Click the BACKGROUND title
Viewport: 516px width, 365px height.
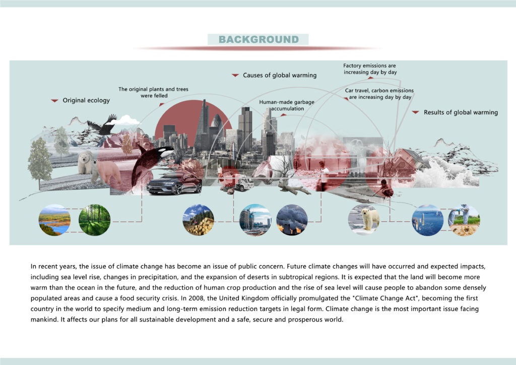point(259,39)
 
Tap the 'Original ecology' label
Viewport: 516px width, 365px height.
point(86,100)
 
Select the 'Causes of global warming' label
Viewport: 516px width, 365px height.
point(280,76)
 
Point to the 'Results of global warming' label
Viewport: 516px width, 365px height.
point(461,112)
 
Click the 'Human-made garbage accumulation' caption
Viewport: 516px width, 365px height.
point(287,105)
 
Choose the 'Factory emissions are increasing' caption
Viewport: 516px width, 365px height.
point(370,69)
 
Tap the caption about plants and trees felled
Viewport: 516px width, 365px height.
point(154,92)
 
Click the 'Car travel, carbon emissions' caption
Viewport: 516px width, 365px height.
point(379,94)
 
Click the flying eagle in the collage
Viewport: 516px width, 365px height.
point(103,125)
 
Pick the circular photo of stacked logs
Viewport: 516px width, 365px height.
point(199,220)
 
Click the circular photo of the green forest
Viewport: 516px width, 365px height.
point(94,220)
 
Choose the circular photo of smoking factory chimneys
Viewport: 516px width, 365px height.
point(292,220)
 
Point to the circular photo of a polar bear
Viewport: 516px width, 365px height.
point(364,220)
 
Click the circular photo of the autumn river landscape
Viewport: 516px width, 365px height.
point(54,220)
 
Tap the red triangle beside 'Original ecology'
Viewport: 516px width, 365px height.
point(54,100)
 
